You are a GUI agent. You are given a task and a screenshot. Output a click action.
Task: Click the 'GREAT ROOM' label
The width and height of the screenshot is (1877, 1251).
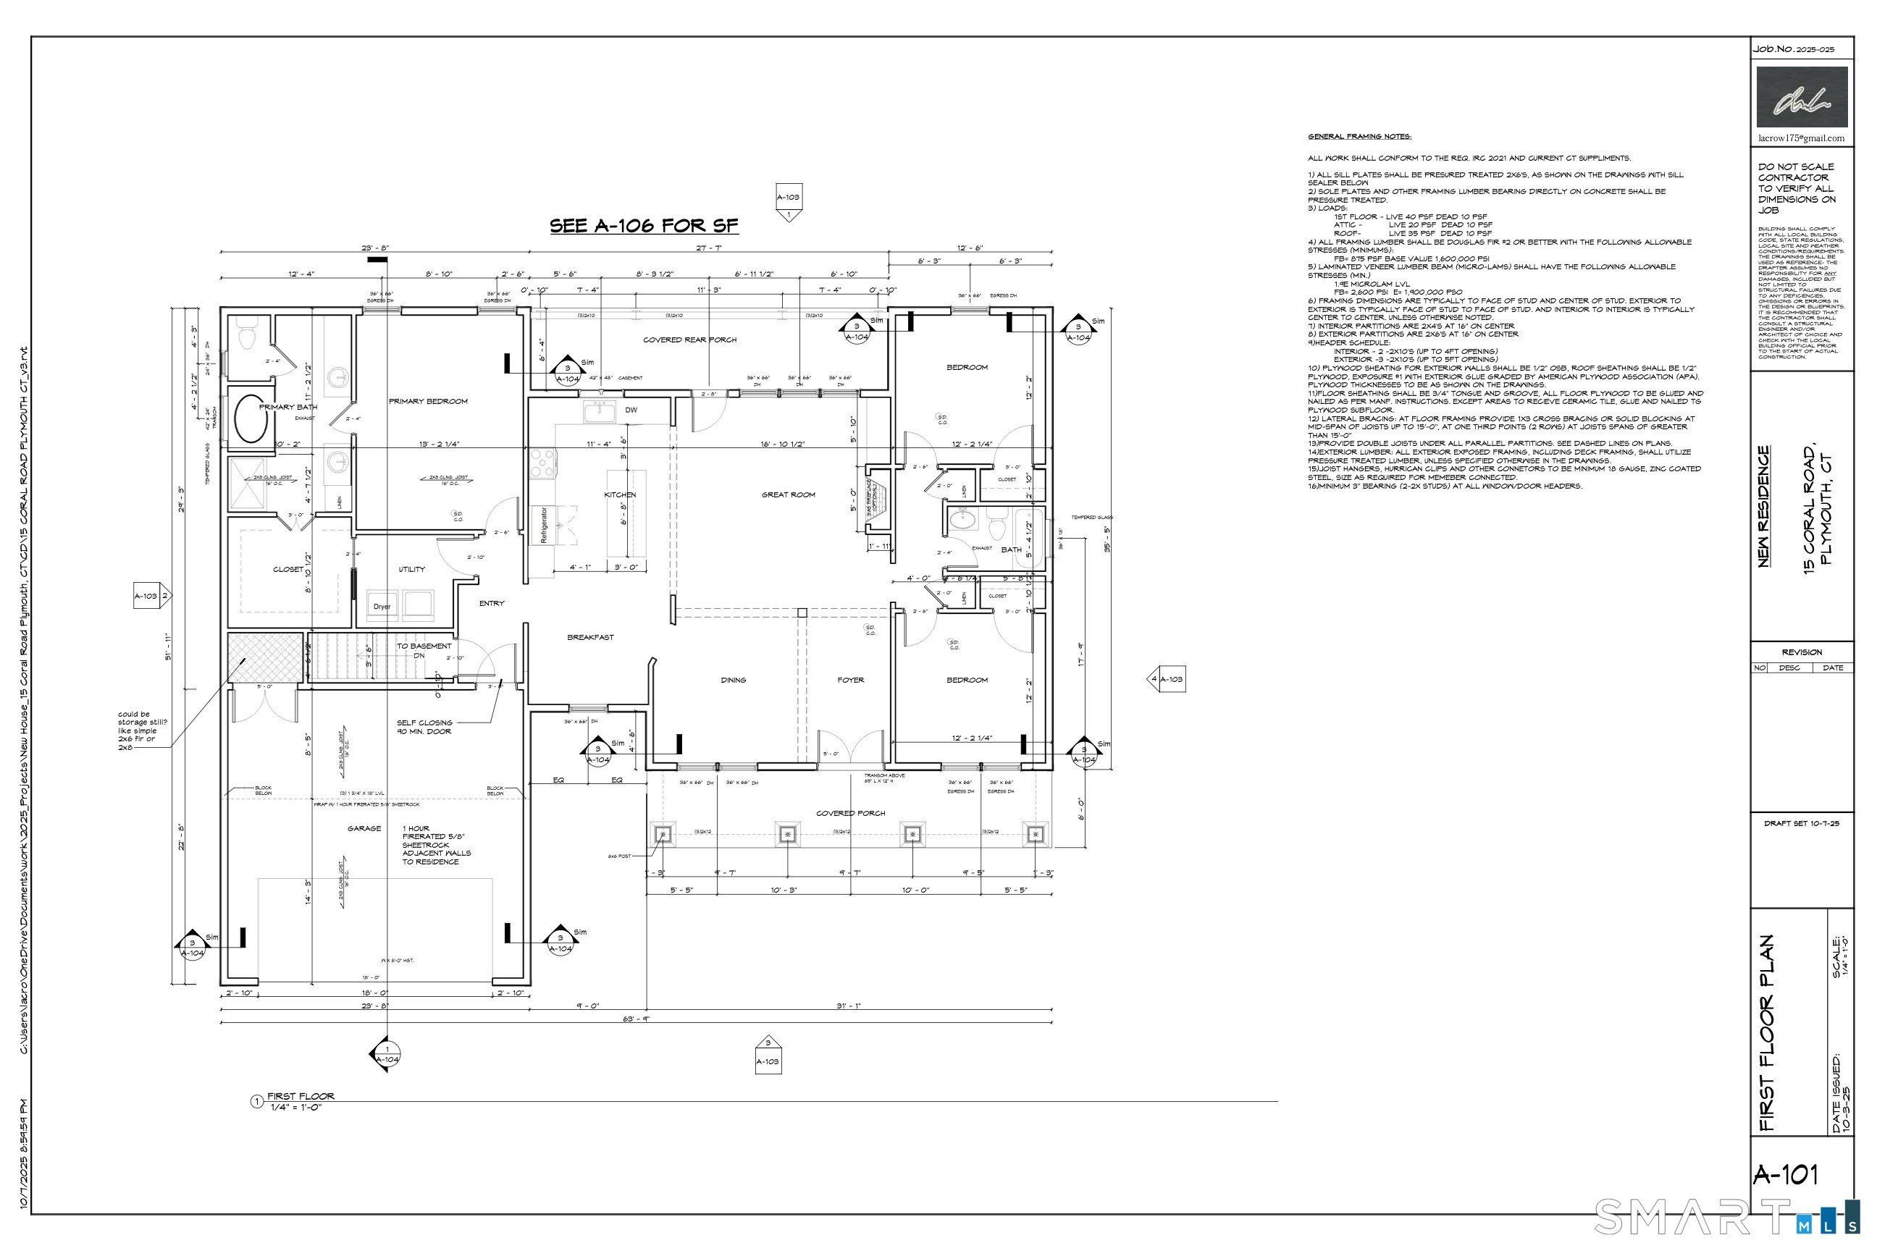[788, 494]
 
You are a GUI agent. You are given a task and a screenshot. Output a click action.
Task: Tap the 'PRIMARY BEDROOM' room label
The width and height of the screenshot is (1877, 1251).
[428, 401]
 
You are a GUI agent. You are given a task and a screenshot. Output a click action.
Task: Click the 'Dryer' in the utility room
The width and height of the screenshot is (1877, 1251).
[382, 607]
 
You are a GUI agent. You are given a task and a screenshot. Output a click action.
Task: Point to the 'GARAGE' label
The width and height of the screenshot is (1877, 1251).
[364, 829]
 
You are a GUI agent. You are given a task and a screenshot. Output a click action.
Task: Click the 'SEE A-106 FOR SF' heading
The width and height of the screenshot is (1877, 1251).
[644, 226]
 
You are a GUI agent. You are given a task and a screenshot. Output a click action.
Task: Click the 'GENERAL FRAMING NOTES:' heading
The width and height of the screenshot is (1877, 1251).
[1359, 136]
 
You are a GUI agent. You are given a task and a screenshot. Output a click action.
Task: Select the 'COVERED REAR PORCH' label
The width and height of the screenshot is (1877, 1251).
[689, 340]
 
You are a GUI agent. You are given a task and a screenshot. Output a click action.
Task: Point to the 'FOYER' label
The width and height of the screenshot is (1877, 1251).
[851, 680]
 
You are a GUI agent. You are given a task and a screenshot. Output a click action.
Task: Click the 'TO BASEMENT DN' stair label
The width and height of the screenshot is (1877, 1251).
[424, 650]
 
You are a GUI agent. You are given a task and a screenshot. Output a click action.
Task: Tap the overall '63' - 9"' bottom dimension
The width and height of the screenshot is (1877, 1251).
[636, 1018]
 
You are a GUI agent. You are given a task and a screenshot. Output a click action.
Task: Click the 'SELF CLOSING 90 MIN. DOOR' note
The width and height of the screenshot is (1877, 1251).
[424, 727]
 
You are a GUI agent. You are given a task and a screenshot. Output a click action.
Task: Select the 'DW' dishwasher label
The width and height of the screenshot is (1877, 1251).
[631, 410]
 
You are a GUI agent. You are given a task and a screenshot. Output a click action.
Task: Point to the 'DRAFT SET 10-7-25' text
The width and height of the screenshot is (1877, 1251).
[1801, 823]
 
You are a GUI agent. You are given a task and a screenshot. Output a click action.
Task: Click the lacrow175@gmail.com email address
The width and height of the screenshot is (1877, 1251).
[1801, 138]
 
